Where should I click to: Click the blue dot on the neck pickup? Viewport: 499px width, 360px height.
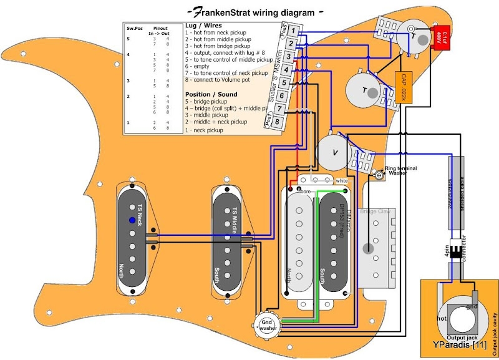tap(132, 220)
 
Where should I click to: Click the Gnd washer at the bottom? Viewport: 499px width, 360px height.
tap(268, 322)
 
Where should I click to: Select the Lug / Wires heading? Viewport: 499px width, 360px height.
tap(203, 26)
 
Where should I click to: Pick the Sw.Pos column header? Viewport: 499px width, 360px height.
tap(133, 29)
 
